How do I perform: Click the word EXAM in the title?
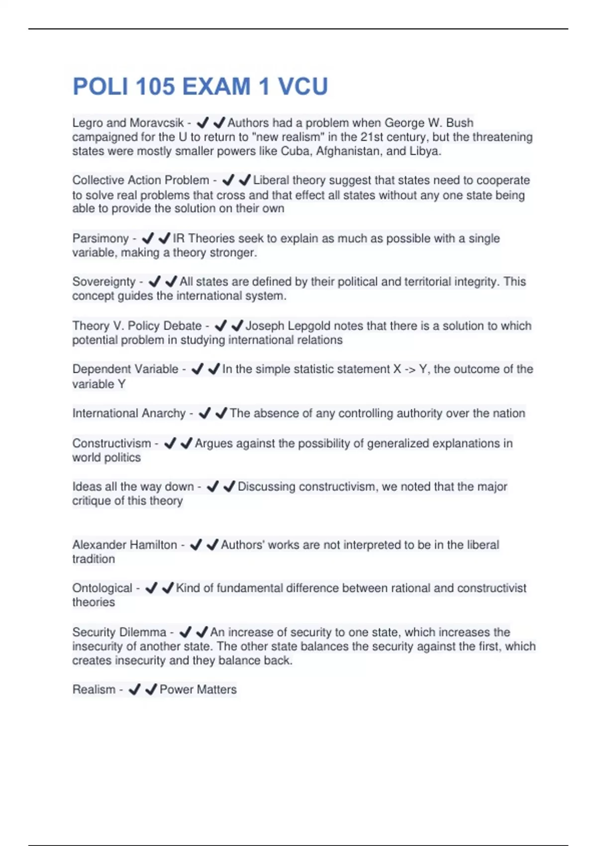pyautogui.click(x=216, y=87)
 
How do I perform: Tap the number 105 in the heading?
pyautogui.click(x=155, y=87)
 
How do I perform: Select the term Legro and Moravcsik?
pyautogui.click(x=128, y=123)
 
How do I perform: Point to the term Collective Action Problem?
pyautogui.click(x=141, y=180)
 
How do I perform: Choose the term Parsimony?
pyautogui.click(x=100, y=238)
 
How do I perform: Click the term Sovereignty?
pyautogui.click(x=103, y=282)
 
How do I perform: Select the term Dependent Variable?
pyautogui.click(x=125, y=369)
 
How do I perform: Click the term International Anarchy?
pyautogui.click(x=129, y=414)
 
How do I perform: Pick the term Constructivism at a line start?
pyautogui.click(x=111, y=443)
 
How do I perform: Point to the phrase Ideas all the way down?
pyautogui.click(x=133, y=487)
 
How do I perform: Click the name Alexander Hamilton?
pyautogui.click(x=124, y=545)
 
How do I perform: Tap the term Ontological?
pyautogui.click(x=102, y=588)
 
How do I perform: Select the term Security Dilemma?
pyautogui.click(x=119, y=633)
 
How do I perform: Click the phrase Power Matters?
pyautogui.click(x=198, y=690)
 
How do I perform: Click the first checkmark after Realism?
pyautogui.click(x=134, y=690)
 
